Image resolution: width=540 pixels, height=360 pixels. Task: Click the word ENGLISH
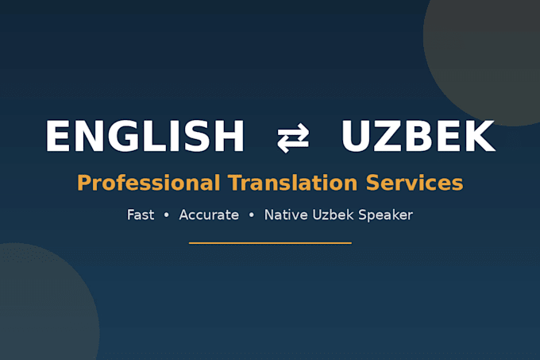[145, 136]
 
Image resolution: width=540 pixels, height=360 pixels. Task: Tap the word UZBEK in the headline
[418, 136]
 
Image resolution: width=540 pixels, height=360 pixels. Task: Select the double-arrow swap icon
[293, 137]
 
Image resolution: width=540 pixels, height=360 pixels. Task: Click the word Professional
[148, 183]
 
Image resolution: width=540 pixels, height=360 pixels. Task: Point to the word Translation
[293, 183]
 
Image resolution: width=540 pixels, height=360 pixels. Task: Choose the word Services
[415, 183]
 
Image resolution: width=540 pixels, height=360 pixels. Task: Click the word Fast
[141, 215]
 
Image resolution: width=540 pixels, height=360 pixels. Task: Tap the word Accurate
[209, 215]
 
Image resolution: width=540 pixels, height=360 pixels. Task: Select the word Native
[286, 215]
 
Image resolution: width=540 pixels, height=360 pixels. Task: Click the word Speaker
[385, 215]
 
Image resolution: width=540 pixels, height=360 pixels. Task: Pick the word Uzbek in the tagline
[333, 215]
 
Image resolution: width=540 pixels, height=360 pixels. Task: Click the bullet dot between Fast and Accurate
[167, 215]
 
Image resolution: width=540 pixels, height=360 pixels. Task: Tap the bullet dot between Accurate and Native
[252, 215]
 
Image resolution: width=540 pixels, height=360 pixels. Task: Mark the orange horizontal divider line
[270, 243]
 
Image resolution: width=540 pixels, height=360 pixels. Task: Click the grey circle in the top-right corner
[489, 52]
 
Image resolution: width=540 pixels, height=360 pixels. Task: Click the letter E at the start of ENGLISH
[57, 136]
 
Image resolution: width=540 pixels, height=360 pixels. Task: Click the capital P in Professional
[83, 183]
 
